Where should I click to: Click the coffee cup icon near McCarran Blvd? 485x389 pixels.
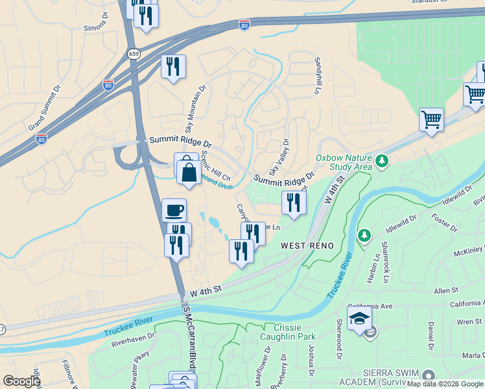pyautogui.click(x=174, y=210)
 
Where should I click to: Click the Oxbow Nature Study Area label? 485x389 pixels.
pyautogui.click(x=344, y=162)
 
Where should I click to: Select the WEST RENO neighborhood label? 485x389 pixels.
pyautogui.click(x=307, y=246)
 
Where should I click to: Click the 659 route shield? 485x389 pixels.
pyautogui.click(x=134, y=54)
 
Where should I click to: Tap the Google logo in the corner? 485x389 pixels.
pyautogui.click(x=21, y=381)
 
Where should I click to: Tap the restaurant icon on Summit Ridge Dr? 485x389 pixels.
pyautogui.click(x=294, y=203)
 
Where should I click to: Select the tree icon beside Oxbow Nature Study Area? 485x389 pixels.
pyautogui.click(x=383, y=159)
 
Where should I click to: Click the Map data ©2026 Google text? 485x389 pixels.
pyautogui.click(x=445, y=384)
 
